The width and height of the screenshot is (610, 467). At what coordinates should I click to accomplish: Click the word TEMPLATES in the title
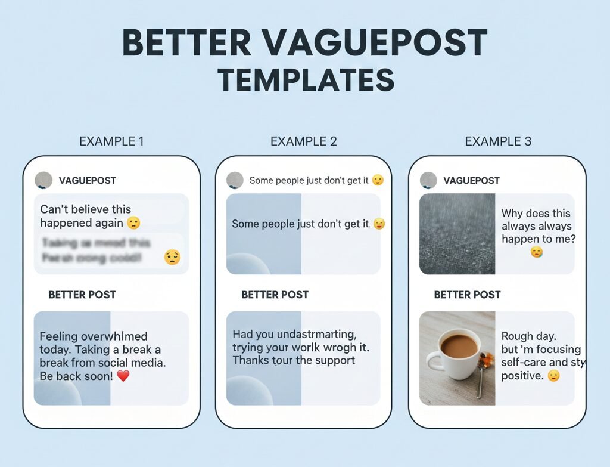(306, 80)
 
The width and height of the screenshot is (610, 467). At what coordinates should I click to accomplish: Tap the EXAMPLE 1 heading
(111, 141)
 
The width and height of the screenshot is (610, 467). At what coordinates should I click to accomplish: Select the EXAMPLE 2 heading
(304, 141)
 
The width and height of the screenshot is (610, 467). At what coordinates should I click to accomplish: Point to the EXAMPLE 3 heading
(498, 141)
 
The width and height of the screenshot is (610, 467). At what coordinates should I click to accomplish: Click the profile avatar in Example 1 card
(43, 180)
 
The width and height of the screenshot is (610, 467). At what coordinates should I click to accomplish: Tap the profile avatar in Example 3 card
(428, 180)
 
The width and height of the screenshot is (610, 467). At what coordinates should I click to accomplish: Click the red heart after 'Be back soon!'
(123, 376)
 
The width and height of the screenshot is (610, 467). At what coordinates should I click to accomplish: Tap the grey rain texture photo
(457, 234)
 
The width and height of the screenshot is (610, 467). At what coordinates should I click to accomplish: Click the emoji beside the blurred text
(172, 257)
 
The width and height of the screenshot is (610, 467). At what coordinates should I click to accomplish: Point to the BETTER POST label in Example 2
(275, 295)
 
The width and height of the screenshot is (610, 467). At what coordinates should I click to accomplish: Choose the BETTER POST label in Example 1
(82, 295)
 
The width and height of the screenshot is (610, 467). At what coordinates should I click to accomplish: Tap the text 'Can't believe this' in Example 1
(85, 209)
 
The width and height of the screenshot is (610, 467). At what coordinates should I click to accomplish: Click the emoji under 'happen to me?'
(537, 253)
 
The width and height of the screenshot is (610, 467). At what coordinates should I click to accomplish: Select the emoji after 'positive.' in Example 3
(553, 376)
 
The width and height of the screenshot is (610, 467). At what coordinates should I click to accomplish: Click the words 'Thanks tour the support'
(294, 360)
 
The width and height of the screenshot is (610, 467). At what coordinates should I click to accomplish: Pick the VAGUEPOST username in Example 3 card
(471, 180)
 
